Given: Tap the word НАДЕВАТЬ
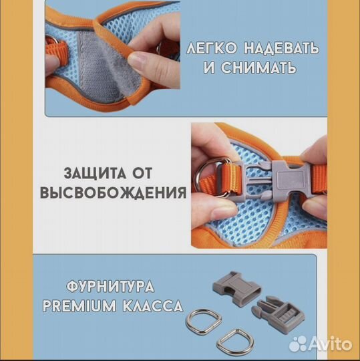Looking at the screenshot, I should tap(281, 49).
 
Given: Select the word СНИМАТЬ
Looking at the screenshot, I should tap(262, 70).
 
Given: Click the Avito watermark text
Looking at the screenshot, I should tap(328, 344).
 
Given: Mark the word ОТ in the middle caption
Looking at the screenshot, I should tap(163, 172).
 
